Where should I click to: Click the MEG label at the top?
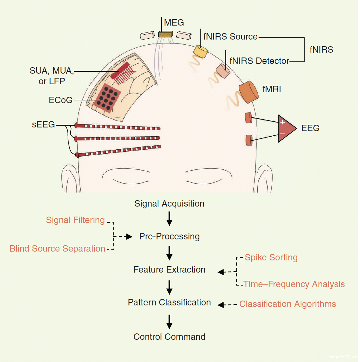click(174, 23)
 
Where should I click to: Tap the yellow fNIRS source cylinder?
click(200, 51)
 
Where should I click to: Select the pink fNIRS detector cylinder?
click(223, 71)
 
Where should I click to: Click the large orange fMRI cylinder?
click(249, 92)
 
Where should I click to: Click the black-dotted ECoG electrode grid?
click(107, 98)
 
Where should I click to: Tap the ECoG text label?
click(61, 100)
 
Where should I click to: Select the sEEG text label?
click(43, 124)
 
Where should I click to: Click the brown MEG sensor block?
click(166, 34)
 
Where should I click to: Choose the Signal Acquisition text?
click(169, 204)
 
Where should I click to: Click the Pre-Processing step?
click(169, 236)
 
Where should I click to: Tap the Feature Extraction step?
click(169, 270)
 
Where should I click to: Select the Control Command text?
click(169, 337)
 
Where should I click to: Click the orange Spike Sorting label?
click(271, 257)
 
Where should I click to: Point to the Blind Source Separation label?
click(57, 249)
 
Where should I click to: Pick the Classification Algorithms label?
click(288, 304)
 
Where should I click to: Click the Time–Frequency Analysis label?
click(294, 284)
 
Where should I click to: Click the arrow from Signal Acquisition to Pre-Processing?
click(169, 219)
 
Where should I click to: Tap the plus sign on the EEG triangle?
click(282, 122)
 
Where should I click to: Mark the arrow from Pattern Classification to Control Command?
click(169, 322)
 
